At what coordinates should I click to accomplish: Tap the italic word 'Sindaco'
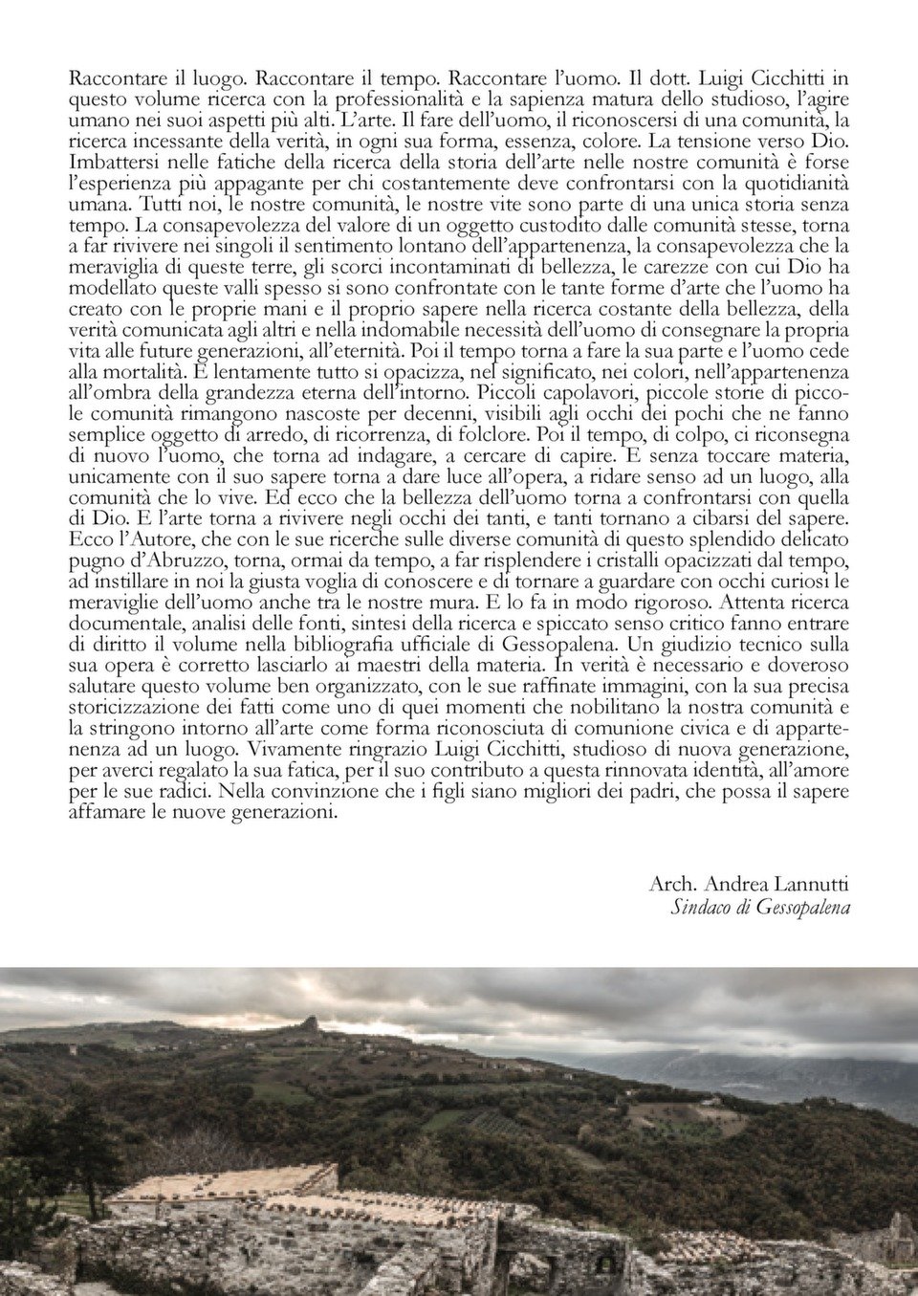pos(701,907)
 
